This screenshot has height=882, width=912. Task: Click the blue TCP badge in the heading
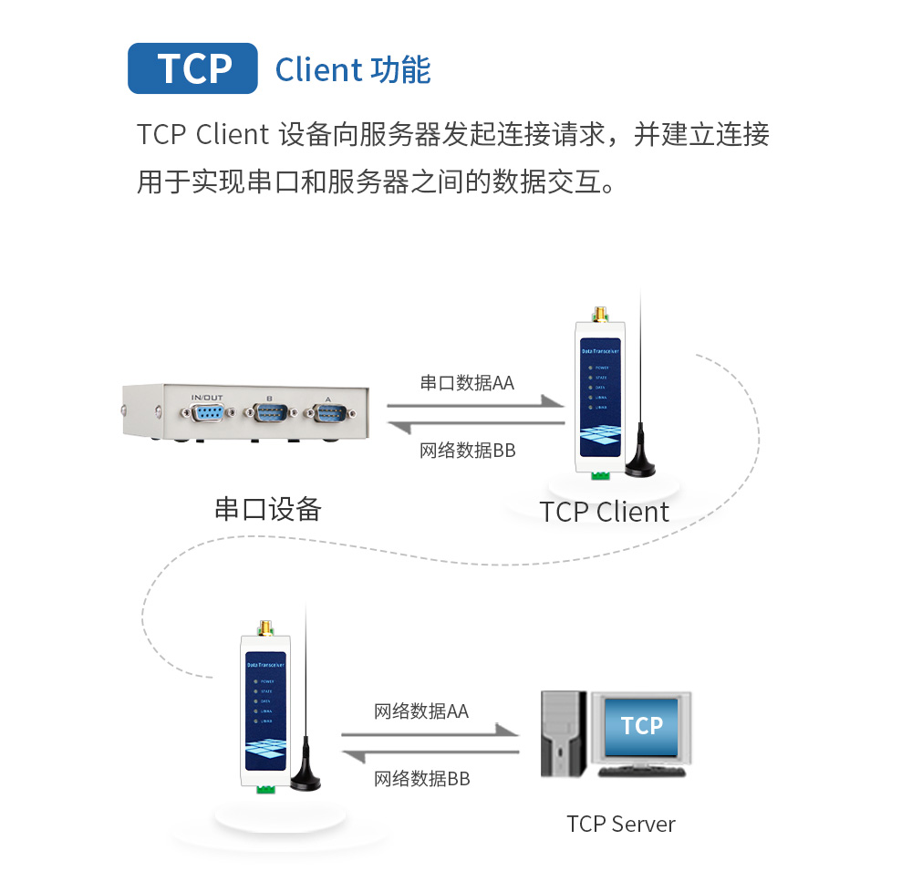pos(192,67)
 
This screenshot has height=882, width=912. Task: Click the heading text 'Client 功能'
pos(352,69)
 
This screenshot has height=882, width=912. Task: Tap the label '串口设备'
pos(267,508)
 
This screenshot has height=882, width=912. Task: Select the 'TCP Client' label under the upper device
pos(604,512)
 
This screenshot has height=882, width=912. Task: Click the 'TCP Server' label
pos(620,824)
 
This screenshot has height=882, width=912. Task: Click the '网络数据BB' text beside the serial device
pos(467,450)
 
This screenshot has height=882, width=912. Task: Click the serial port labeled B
pos(268,415)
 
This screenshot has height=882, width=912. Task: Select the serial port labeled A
pos(328,415)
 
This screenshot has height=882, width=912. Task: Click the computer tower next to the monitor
pos(562,733)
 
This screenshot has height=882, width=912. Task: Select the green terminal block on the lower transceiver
pos(266,786)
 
